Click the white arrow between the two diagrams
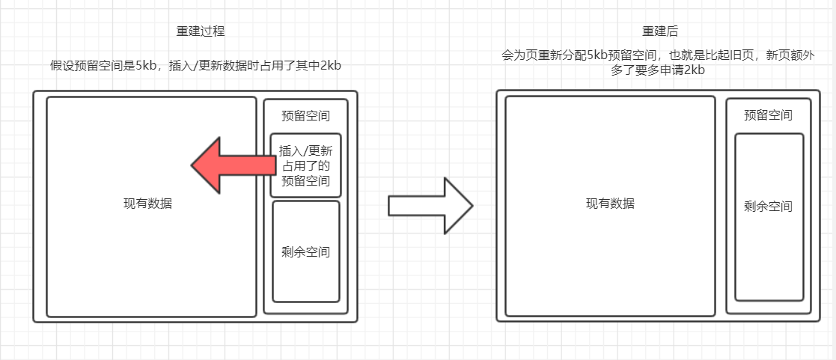(x=430, y=205)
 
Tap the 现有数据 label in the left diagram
(x=147, y=204)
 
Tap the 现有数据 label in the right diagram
(x=610, y=204)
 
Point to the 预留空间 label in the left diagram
(x=305, y=116)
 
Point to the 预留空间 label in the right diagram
(x=768, y=116)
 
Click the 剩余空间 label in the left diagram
(x=305, y=252)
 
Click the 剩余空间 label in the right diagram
(x=769, y=207)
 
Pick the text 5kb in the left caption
(x=147, y=66)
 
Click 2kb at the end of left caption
(x=330, y=66)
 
